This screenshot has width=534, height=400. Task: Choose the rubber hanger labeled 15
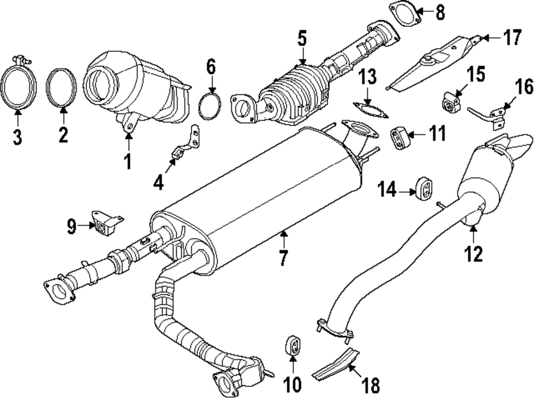[x=452, y=102]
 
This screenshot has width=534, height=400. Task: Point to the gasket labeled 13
[x=369, y=110]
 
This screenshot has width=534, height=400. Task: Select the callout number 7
[x=282, y=259]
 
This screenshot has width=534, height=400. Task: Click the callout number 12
[x=474, y=253]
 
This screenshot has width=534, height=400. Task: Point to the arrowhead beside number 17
[x=484, y=38]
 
